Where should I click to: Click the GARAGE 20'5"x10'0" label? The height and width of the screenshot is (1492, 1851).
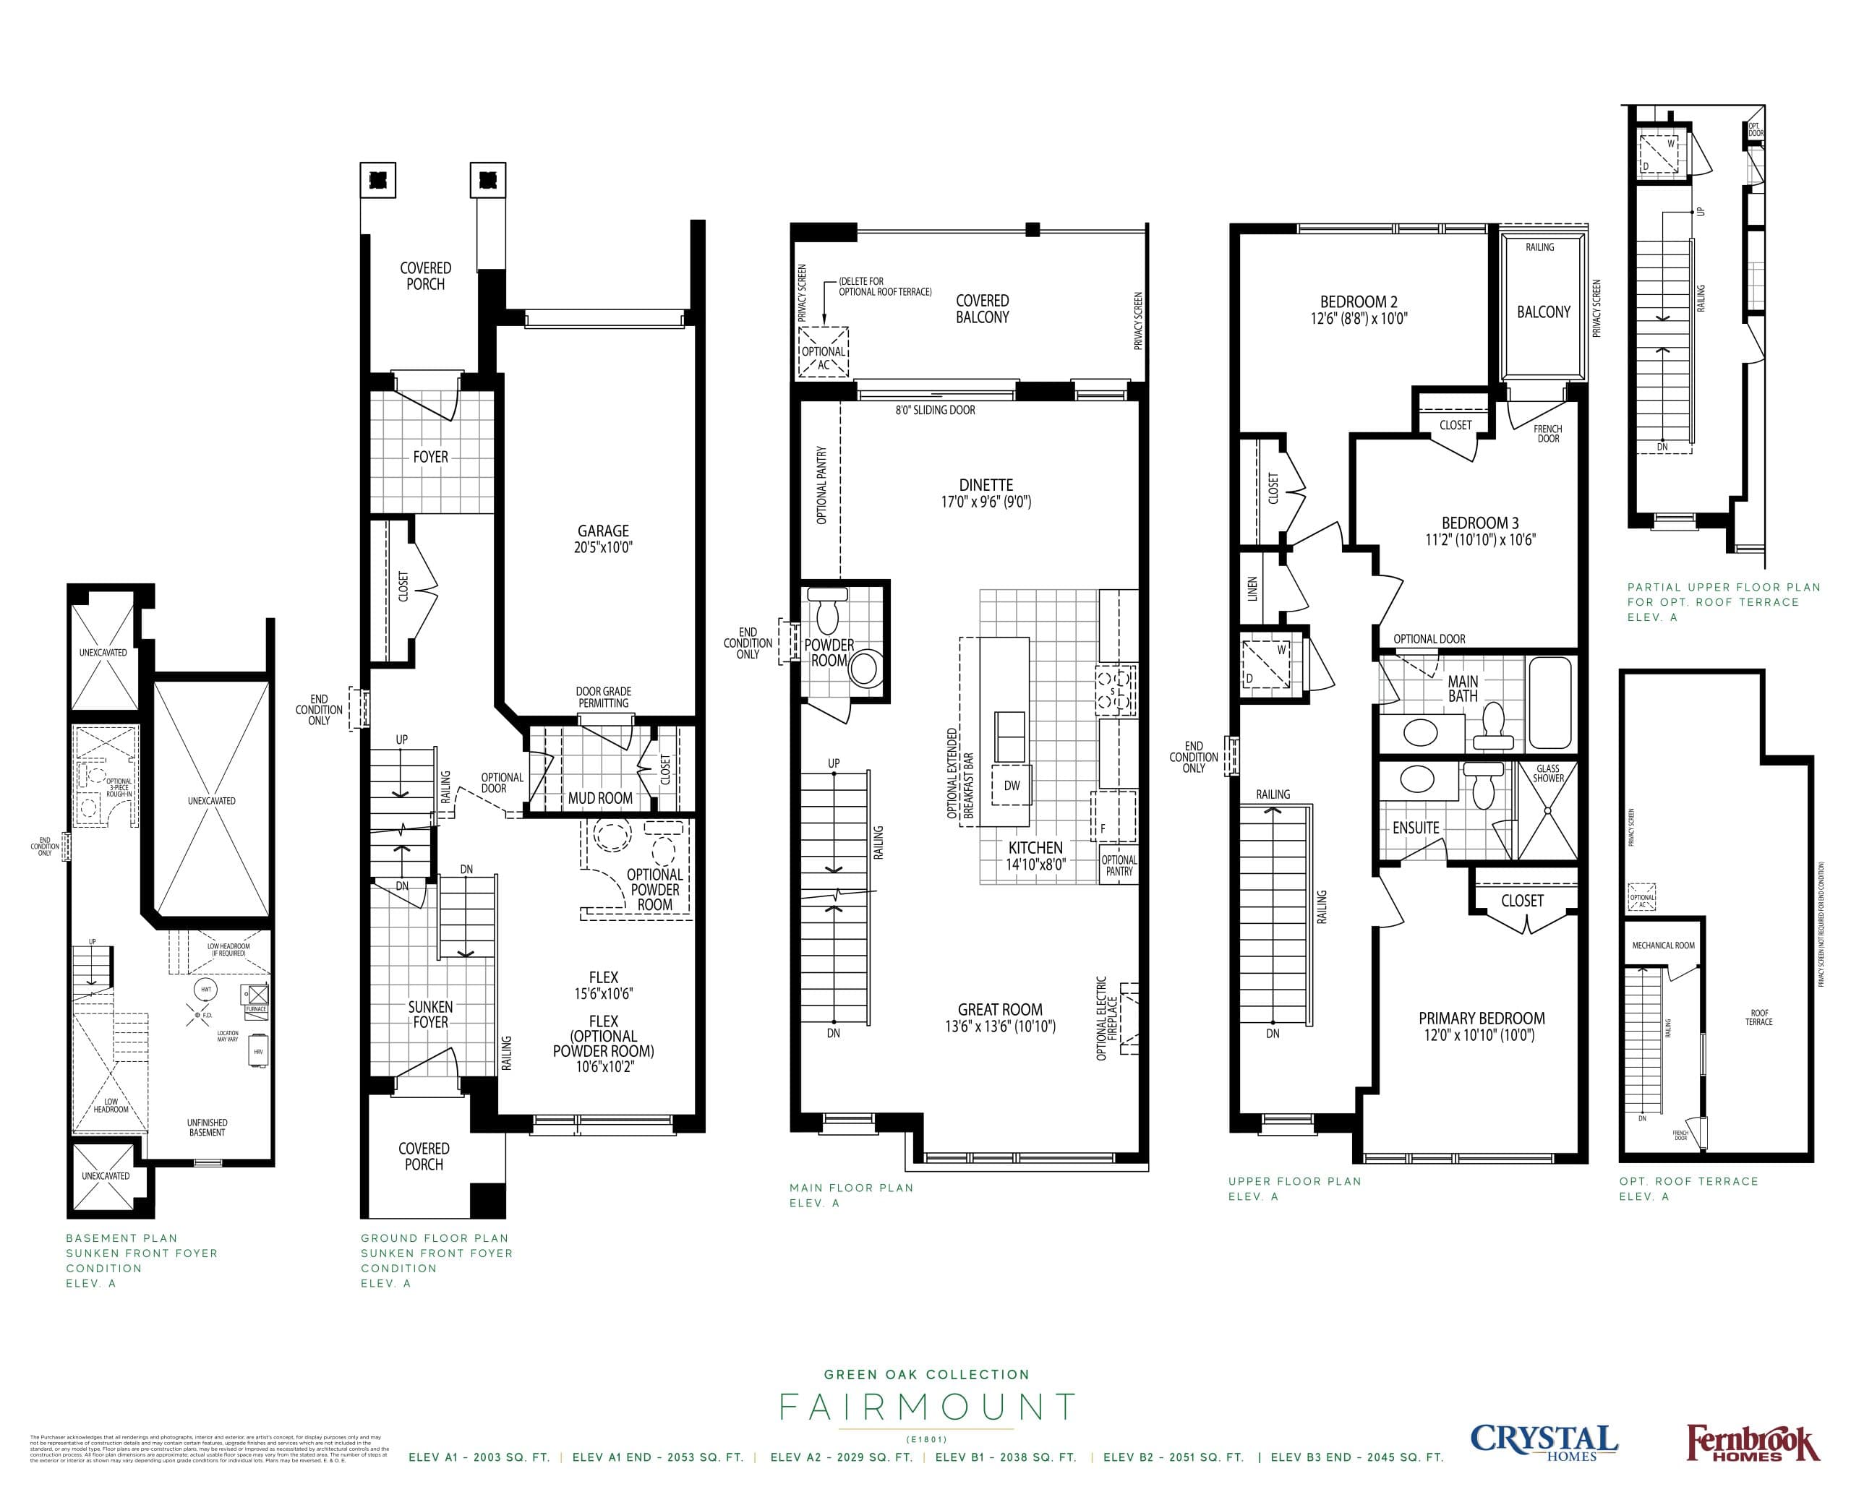coord(603,539)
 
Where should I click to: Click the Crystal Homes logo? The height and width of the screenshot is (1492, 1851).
coord(1543,1442)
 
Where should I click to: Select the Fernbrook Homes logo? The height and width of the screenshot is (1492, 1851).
coord(1752,1444)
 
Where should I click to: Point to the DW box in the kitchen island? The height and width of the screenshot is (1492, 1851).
coord(1012,786)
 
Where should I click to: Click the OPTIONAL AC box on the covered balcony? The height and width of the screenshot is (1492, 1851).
coord(824,352)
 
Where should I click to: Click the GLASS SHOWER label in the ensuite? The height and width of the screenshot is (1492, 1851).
coord(1547,773)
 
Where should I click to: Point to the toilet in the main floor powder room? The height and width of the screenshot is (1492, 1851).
coord(829,612)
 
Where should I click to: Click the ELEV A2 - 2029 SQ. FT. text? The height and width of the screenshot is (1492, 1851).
coord(841,1457)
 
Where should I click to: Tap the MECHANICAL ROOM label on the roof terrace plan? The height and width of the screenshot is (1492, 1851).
coord(1663,946)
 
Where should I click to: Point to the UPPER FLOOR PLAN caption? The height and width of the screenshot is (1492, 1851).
coord(1294,1182)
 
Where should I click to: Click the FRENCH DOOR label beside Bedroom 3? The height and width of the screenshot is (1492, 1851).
coord(1547,434)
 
